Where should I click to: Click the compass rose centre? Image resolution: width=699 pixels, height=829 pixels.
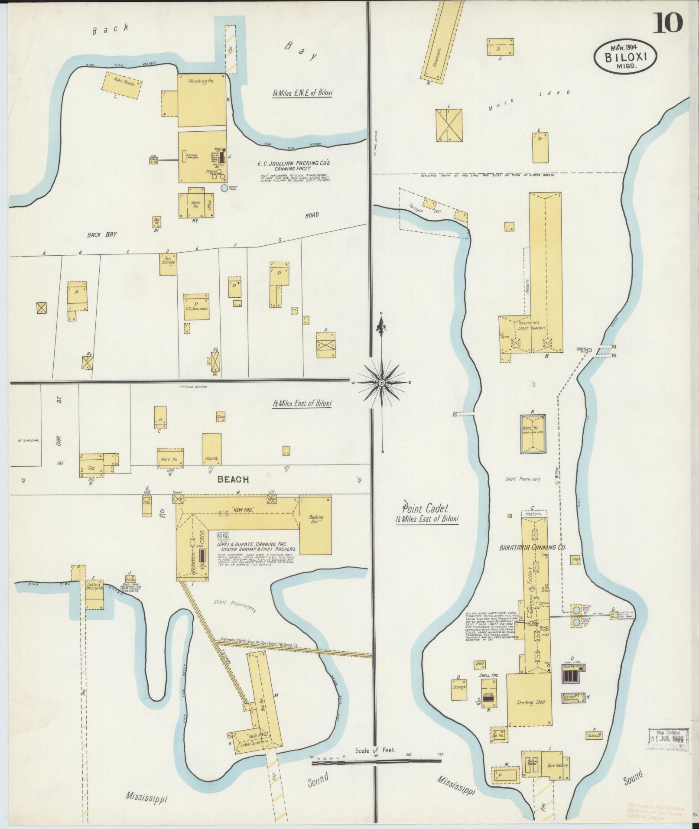point(381,383)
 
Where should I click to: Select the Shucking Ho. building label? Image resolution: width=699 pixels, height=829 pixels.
point(202,81)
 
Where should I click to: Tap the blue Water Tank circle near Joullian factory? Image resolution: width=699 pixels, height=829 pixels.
point(224,189)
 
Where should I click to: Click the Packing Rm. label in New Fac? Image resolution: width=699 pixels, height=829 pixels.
point(314,520)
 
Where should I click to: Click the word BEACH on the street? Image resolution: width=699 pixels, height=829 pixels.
point(233,479)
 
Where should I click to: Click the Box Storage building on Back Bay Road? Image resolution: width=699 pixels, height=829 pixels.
point(168,263)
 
